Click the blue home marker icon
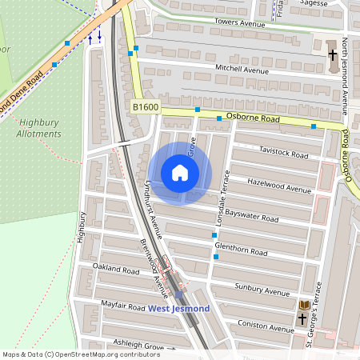pyautogui.click(x=180, y=173)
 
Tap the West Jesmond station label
pyautogui.click(x=178, y=309)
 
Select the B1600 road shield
pyautogui.click(x=146, y=106)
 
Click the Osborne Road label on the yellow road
pyautogui.click(x=252, y=118)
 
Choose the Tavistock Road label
pyautogui.click(x=283, y=154)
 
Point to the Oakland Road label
pyautogui.click(x=116, y=269)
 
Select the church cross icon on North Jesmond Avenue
pyautogui.click(x=333, y=55)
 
